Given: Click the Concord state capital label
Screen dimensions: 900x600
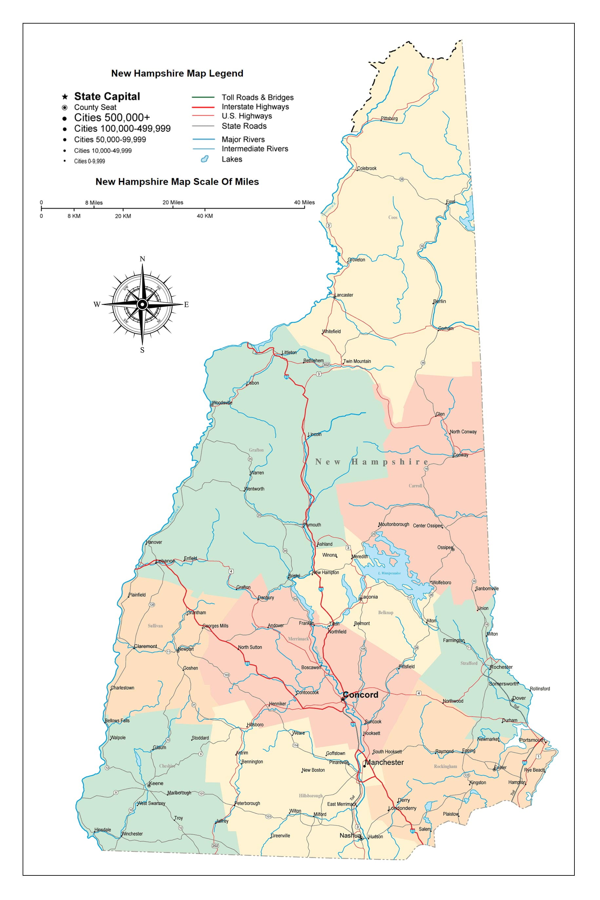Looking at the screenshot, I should pos(360,695).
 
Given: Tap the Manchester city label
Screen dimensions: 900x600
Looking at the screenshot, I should pos(384,762).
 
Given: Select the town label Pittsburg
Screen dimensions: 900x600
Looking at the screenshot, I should pos(389,119).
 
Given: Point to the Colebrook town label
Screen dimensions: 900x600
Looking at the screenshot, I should pos(367,168).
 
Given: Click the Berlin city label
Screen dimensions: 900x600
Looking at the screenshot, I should pos(440,301).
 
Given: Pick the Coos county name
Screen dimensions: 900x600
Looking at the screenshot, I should pos(393,217).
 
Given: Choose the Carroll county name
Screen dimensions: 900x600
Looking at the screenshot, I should pos(415,486).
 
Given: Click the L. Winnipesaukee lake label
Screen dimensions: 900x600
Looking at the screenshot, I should pos(389,573).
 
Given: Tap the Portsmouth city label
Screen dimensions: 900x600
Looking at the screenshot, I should pos(532,740).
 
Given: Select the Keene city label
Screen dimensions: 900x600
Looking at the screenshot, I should pos(156,783).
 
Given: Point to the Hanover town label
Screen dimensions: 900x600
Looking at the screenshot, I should pos(154,542).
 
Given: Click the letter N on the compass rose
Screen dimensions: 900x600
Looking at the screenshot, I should pos(142,259).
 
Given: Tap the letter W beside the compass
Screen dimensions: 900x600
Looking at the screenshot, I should pos(97,304).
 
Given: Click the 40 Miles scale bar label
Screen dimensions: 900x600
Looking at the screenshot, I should pos(304,202).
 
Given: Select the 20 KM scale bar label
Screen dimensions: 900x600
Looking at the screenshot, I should pos(123,216).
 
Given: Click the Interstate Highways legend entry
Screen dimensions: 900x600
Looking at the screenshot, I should pos(255,107).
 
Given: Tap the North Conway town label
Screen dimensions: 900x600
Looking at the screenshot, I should pos(463,432).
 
